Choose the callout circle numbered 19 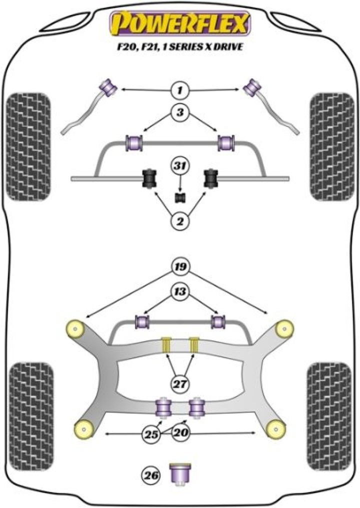pyautogui.click(x=180, y=267)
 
